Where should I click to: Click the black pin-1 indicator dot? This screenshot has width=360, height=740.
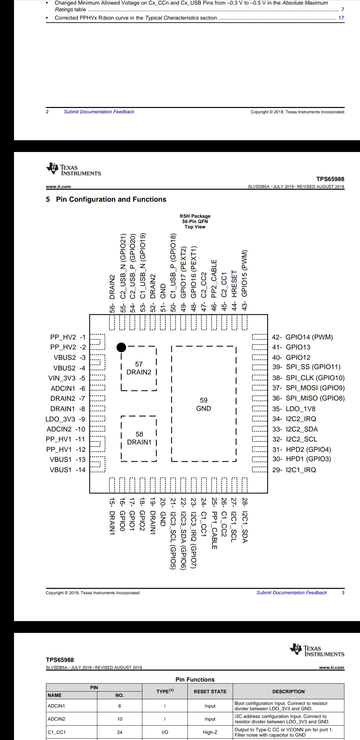click(121, 347)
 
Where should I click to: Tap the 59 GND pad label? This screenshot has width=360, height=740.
click(204, 404)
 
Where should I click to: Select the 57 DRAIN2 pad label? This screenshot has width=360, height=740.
click(139, 368)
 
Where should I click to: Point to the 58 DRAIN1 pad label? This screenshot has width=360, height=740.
click(139, 438)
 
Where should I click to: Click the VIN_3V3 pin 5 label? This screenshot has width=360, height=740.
click(67, 378)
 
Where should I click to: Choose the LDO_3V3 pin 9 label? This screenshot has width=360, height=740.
click(65, 419)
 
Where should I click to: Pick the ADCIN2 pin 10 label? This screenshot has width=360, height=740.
click(66, 429)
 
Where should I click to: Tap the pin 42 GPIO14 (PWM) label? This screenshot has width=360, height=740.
click(303, 337)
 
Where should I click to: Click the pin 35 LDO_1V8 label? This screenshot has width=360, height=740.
click(294, 409)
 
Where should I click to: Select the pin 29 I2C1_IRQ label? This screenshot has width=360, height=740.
click(294, 470)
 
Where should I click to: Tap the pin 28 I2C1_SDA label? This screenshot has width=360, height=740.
click(245, 520)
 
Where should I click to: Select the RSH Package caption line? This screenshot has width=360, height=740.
click(195, 216)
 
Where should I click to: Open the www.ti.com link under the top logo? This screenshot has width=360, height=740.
click(58, 187)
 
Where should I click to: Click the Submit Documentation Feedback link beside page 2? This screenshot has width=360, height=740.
click(99, 112)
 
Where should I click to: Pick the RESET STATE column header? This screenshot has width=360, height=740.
click(210, 692)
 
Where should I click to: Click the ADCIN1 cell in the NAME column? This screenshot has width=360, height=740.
click(56, 706)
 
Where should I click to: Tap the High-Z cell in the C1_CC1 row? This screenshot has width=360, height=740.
click(210, 732)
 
